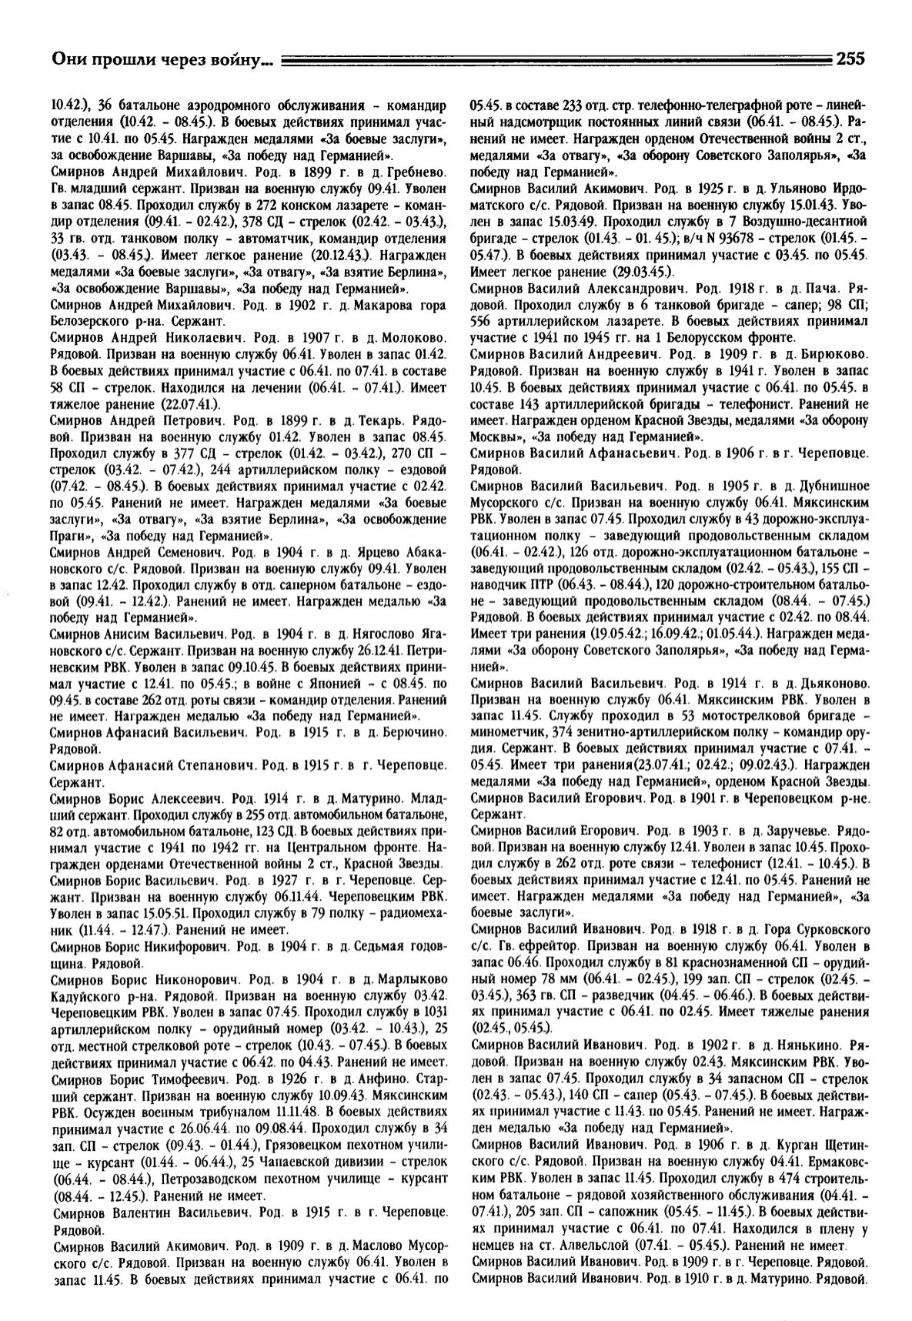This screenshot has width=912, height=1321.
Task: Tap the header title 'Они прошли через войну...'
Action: (x=162, y=59)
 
